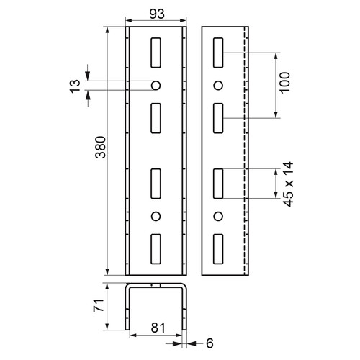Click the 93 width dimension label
pos(157,14)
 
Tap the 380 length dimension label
pos(101,147)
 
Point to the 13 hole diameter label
pos(75,86)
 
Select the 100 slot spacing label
pos(285,82)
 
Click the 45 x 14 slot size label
pos(288,184)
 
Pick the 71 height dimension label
pos(99,305)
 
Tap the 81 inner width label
pos(158,328)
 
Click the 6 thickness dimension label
pos(210,343)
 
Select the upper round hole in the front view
pos(156,86)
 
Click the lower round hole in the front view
pos(156,216)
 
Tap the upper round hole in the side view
pos(218,86)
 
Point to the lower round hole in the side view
pos(218,216)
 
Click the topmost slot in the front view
pos(156,53)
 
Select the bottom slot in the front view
pos(156,249)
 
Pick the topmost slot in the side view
pos(218,53)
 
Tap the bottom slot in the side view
pos(218,249)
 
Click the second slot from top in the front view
pos(156,118)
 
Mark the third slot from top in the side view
pos(218,184)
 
